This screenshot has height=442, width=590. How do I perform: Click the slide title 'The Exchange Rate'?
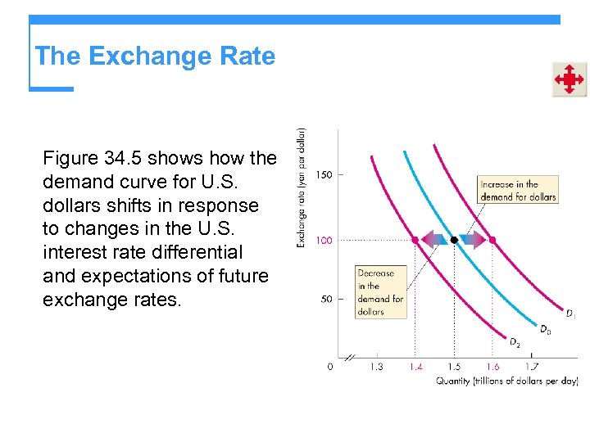[155, 56]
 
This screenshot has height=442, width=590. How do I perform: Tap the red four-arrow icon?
[568, 79]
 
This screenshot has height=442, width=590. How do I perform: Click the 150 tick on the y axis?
[324, 174]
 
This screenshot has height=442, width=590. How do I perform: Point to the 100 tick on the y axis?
[324, 240]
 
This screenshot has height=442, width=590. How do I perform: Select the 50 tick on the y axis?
[325, 300]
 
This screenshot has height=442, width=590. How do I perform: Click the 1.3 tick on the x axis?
[376, 367]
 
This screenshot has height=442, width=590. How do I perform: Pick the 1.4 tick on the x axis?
[415, 367]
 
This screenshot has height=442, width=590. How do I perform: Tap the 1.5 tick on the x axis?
[454, 367]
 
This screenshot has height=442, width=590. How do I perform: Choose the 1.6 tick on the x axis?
[492, 367]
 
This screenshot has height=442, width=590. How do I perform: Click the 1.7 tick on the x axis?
[531, 367]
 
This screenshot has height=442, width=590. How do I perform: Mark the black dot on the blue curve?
[454, 240]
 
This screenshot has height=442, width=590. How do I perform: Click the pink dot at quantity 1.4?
[415, 240]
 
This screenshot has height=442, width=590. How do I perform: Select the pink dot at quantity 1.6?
[492, 240]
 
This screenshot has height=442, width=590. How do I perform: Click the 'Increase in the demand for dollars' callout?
[518, 190]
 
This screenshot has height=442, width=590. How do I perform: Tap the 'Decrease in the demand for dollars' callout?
[380, 292]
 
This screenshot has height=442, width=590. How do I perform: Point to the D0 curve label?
[544, 329]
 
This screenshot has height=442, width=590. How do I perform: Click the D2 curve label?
[515, 343]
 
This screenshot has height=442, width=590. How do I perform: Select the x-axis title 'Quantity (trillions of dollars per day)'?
[506, 381]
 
